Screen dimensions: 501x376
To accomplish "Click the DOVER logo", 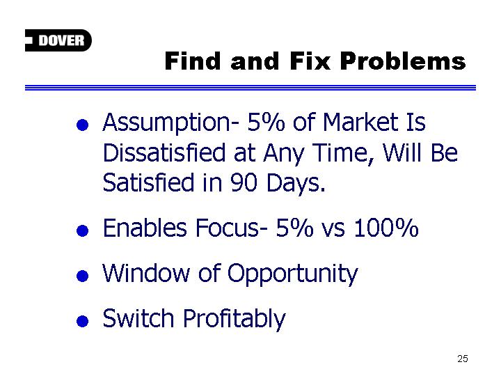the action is pyautogui.click(x=58, y=40).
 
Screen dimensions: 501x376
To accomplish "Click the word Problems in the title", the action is pyautogui.click(x=403, y=61).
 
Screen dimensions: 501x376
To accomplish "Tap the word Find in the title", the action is pyautogui.click(x=193, y=61).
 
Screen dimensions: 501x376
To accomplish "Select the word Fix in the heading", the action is pyautogui.click(x=310, y=61).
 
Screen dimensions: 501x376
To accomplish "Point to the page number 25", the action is pyautogui.click(x=463, y=359).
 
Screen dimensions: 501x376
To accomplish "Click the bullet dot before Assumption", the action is pyautogui.click(x=82, y=125).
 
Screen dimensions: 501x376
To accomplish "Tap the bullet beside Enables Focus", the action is pyautogui.click(x=82, y=230).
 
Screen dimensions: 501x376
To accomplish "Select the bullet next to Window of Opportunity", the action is pyautogui.click(x=82, y=276).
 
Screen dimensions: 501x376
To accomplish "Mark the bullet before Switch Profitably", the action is pyautogui.click(x=82, y=321).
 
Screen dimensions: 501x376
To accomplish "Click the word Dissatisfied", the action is pyautogui.click(x=164, y=152).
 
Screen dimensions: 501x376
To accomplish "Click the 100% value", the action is pyautogui.click(x=386, y=228).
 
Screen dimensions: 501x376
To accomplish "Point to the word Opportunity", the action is pyautogui.click(x=293, y=274).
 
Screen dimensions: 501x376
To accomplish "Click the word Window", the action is pyautogui.click(x=146, y=273).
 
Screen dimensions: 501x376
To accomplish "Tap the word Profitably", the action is pyautogui.click(x=234, y=320).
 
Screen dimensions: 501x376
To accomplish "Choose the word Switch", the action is pyautogui.click(x=138, y=318).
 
